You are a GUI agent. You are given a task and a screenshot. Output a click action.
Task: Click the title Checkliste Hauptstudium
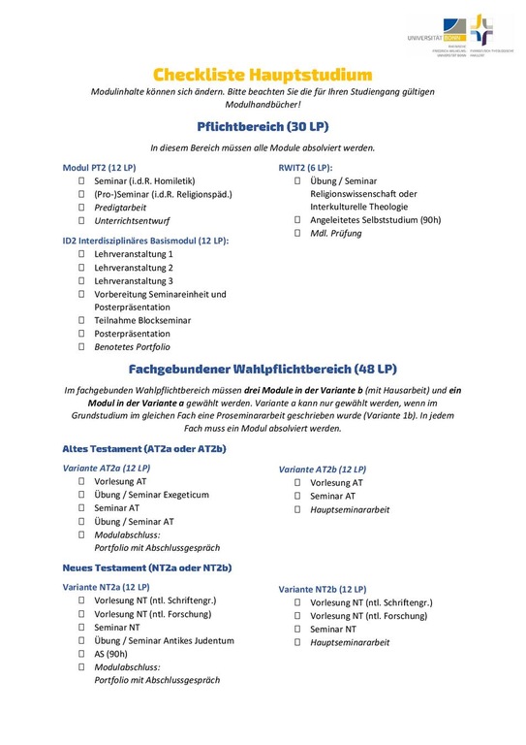[x=263, y=74]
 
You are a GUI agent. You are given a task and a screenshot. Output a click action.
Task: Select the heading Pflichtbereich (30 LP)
[x=263, y=126]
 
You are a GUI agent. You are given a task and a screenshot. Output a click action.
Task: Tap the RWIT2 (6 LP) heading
[x=305, y=167]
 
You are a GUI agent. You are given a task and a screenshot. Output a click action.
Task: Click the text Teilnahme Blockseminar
[x=136, y=320]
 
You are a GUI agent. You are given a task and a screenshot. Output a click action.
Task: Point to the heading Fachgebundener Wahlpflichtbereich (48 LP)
[x=263, y=369]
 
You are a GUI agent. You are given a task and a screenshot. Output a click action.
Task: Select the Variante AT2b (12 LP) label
[x=323, y=469]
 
